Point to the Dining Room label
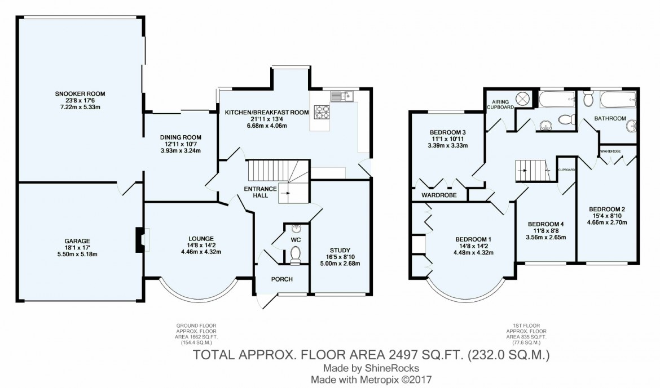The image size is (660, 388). point(180,137)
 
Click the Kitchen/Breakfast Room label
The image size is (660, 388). point(267,113)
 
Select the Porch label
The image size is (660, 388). point(281,279)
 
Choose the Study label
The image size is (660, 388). point(340,250)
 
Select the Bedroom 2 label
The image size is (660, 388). point(606,208)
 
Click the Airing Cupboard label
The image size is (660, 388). point(499,103)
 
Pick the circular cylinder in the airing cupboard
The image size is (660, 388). point(523,99)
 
